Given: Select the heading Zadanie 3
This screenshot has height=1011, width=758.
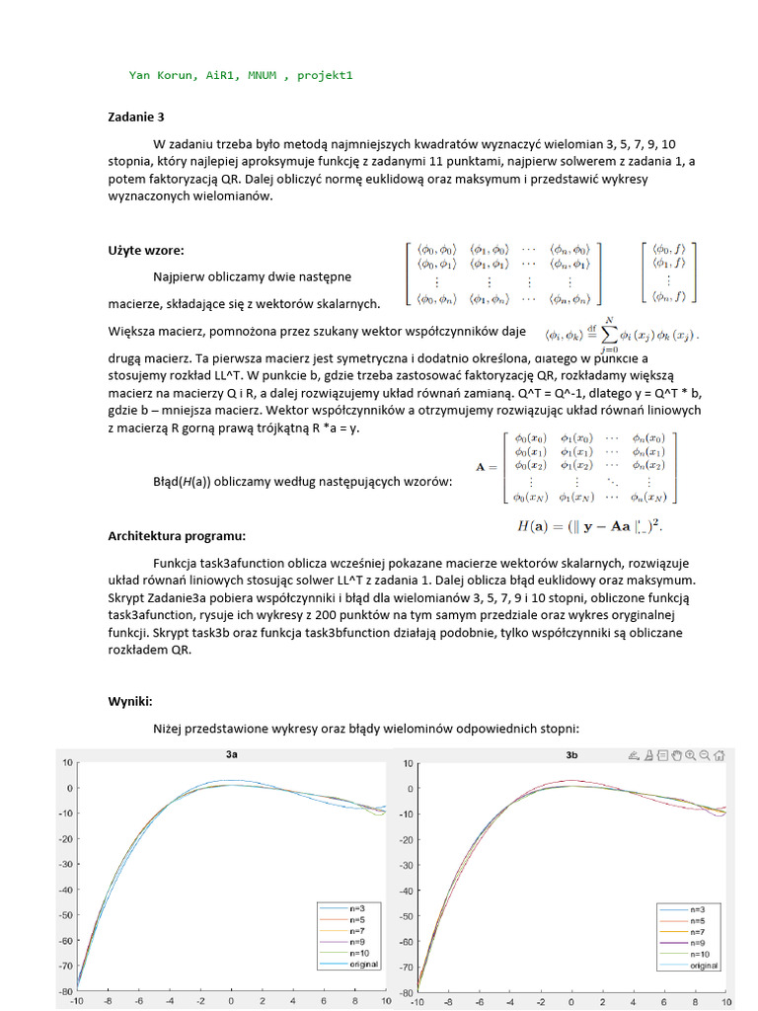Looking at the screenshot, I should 136,117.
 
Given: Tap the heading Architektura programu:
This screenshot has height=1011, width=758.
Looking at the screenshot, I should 177,535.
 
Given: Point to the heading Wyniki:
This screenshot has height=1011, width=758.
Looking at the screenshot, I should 129,701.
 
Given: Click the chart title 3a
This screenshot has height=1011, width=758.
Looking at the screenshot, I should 231,755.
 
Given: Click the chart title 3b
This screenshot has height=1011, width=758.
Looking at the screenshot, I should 571,755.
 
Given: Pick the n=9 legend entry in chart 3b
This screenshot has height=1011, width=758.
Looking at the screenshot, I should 697,943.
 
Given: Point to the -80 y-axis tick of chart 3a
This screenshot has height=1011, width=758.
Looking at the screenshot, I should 67,991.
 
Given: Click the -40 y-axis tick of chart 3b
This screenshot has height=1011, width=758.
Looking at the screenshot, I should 407,890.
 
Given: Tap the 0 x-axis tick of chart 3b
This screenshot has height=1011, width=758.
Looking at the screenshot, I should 572,1001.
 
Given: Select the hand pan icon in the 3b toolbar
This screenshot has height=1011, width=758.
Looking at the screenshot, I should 677,755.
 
